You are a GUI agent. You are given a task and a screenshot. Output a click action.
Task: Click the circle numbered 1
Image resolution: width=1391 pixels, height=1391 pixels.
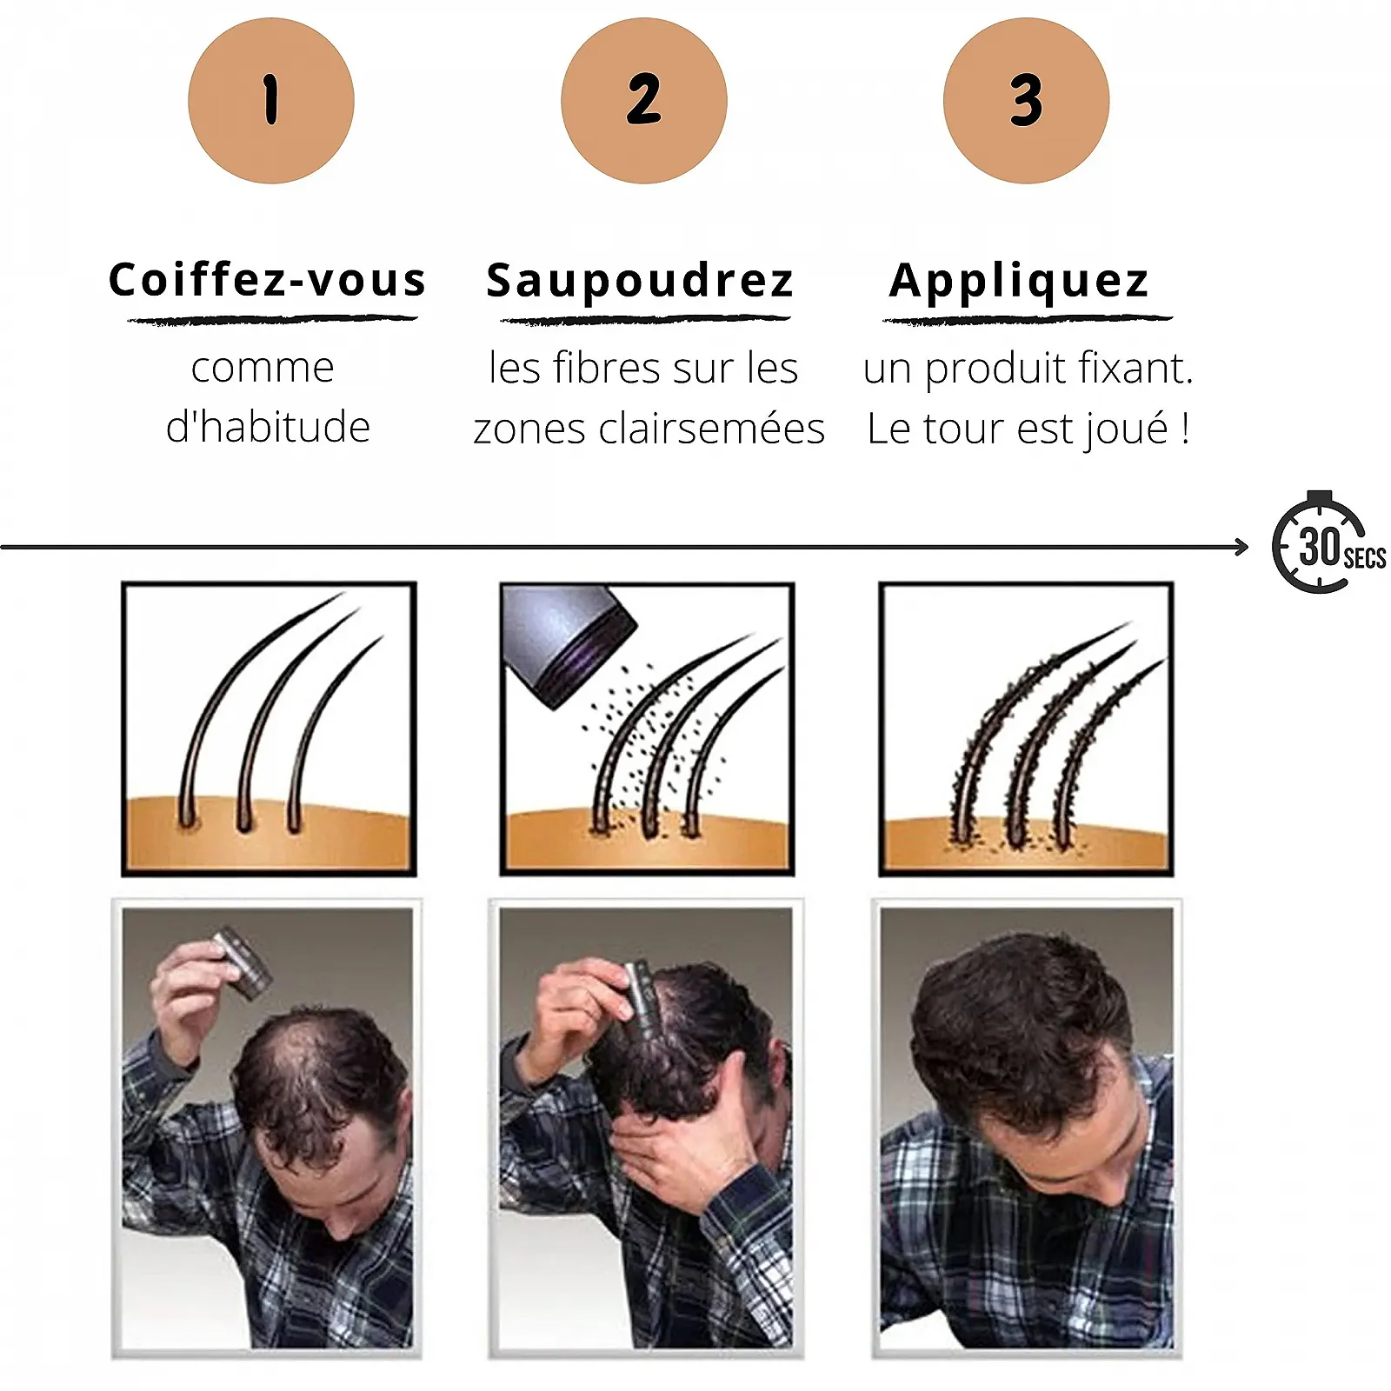(x=271, y=100)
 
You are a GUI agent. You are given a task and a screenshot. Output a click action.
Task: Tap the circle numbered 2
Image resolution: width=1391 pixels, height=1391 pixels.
(x=644, y=100)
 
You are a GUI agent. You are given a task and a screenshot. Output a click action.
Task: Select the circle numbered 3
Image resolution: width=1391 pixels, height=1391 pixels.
(x=1026, y=100)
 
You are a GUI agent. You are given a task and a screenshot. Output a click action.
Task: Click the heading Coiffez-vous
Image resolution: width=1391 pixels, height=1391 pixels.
(x=268, y=280)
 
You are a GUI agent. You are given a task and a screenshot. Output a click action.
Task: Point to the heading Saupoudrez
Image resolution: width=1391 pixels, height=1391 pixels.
(x=640, y=281)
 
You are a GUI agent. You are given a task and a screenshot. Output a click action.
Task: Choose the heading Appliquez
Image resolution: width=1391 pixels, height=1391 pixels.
(x=1020, y=281)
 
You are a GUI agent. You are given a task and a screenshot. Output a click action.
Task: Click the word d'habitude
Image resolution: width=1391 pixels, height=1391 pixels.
(x=268, y=426)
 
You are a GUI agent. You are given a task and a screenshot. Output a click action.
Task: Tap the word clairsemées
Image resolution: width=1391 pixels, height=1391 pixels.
(x=711, y=428)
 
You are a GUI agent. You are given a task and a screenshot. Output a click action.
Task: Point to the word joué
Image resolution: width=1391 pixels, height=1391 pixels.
(x=1128, y=429)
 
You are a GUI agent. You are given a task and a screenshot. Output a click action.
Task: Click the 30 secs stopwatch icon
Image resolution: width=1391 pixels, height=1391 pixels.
(x=1327, y=543)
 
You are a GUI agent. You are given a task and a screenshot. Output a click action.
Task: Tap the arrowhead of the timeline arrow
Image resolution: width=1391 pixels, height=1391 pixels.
(x=1241, y=547)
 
